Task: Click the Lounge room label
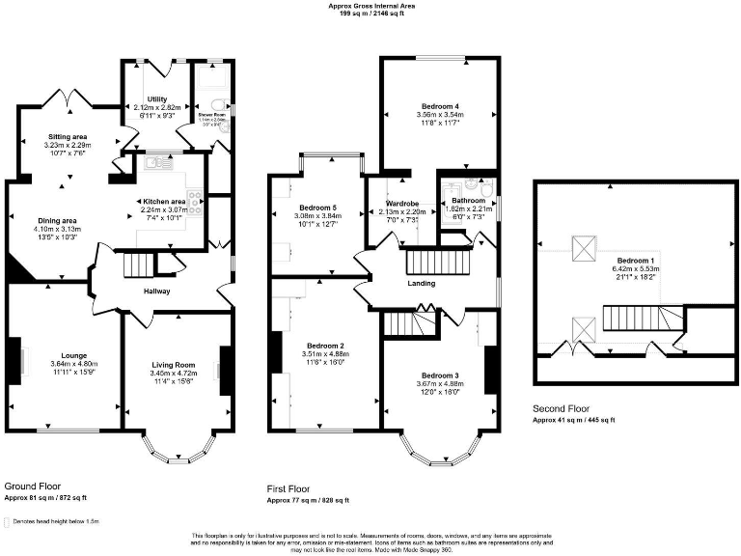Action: pyautogui.click(x=67, y=355)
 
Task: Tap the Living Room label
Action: pyautogui.click(x=173, y=337)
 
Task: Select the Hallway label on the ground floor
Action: pyautogui.click(x=157, y=291)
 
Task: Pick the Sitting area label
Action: pyautogui.click(x=68, y=137)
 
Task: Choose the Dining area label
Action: pyautogui.click(x=57, y=221)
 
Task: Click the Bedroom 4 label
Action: pyautogui.click(x=439, y=105)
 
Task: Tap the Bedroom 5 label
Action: pyautogui.click(x=317, y=208)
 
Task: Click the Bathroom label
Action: pyautogui.click(x=468, y=201)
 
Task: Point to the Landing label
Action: pyautogui.click(x=420, y=283)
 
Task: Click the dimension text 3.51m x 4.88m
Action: pyautogui.click(x=323, y=354)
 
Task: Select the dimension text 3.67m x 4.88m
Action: pyautogui.click(x=439, y=383)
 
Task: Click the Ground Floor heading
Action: pyautogui.click(x=34, y=486)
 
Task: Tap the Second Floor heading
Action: pyautogui.click(x=562, y=408)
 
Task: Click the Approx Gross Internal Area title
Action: pyautogui.click(x=370, y=6)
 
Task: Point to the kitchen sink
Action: pyautogui.click(x=155, y=165)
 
